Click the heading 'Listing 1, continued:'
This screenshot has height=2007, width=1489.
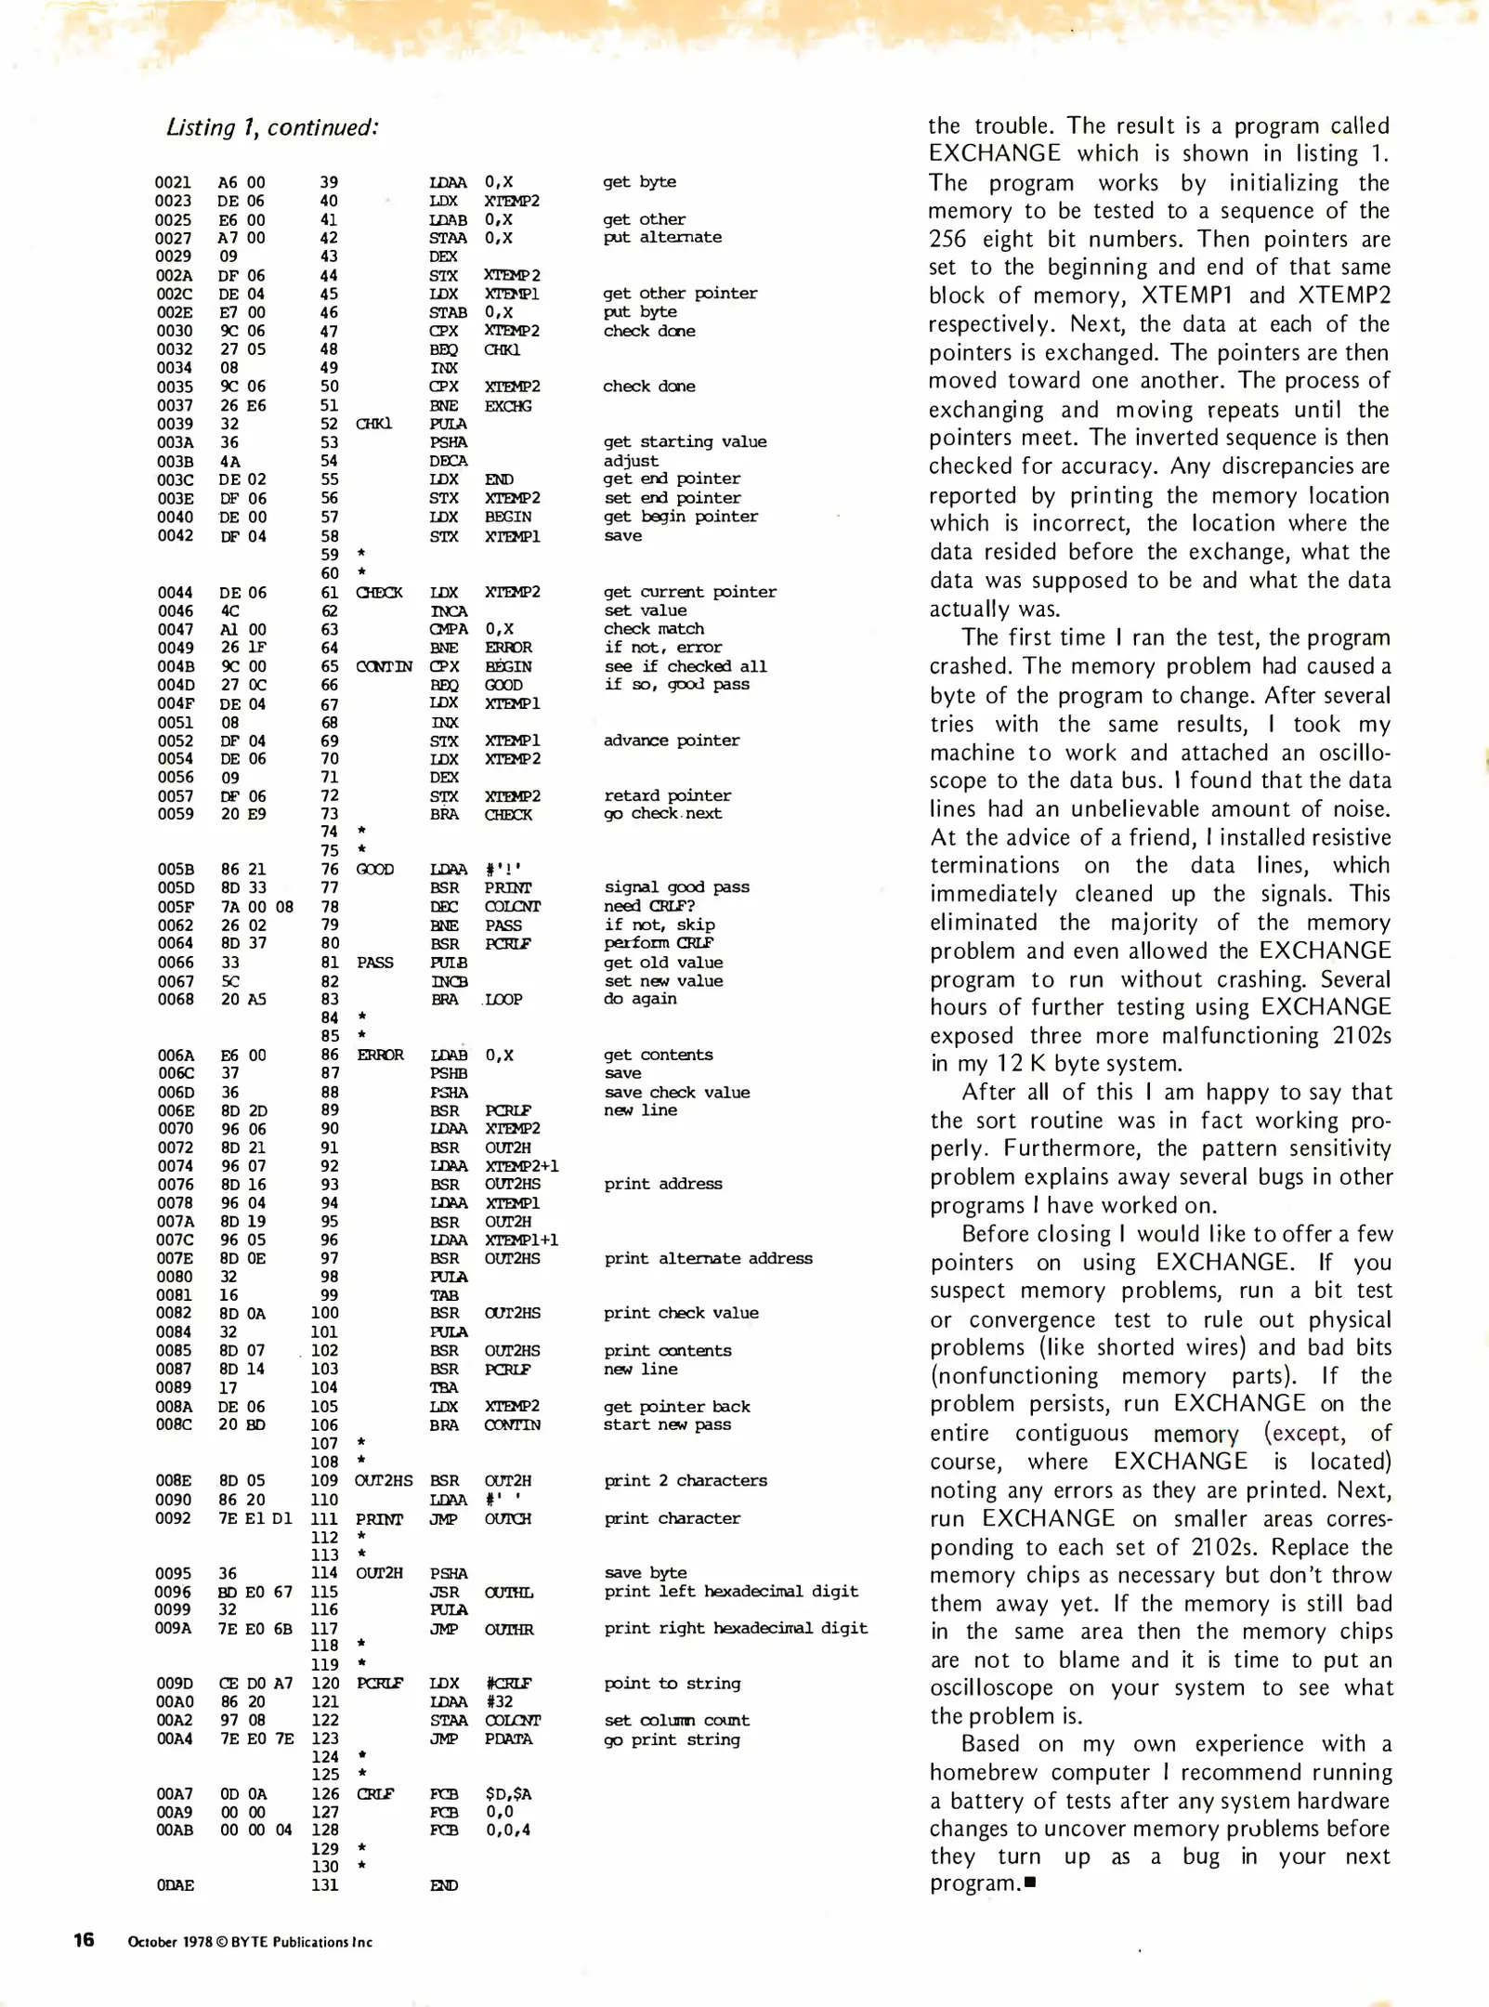272,127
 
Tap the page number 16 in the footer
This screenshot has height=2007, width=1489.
84,1939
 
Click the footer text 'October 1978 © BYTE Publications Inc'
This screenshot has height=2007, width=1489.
250,1941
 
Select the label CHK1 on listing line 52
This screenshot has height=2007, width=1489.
373,424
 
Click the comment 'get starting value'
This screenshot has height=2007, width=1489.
685,441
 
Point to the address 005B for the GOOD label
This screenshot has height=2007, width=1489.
175,869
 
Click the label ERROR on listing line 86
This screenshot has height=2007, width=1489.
380,1055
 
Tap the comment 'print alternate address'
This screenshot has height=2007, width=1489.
708,1258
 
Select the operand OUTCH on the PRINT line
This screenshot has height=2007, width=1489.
508,1518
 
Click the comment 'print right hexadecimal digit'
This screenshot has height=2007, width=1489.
736,1628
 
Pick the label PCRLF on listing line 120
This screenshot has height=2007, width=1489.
379,1683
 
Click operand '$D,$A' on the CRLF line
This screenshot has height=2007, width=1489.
508,1793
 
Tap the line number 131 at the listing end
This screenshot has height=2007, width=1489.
325,1885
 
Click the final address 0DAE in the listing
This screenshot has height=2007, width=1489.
175,1885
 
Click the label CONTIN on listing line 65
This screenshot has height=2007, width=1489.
384,666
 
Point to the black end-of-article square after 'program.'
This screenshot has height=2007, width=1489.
1029,1883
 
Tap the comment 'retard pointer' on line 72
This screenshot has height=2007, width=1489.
667,795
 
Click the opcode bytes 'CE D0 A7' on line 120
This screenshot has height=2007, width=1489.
255,1683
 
